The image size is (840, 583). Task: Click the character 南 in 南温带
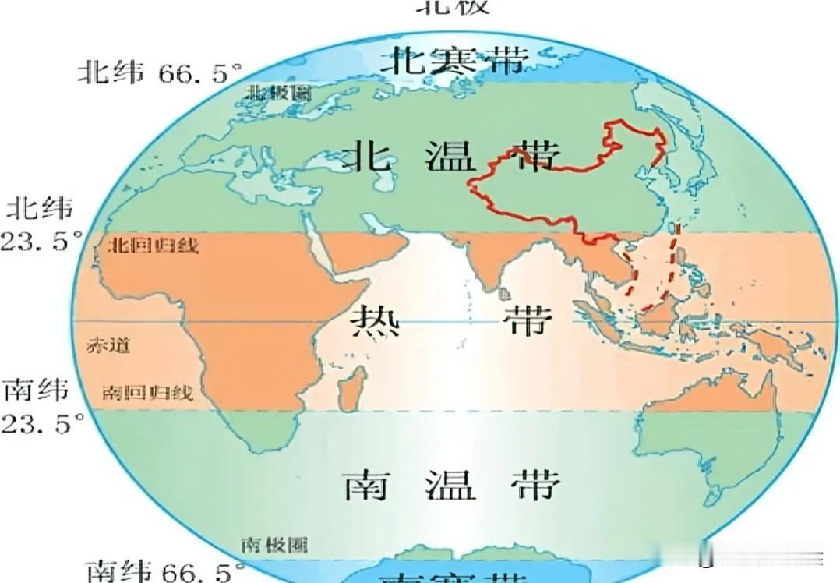pos(366,484)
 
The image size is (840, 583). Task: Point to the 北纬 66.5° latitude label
pos(154,73)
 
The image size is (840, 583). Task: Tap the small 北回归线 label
pos(151,246)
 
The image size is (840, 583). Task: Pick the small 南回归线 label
pos(147,392)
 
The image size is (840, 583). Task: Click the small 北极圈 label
pos(278,92)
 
